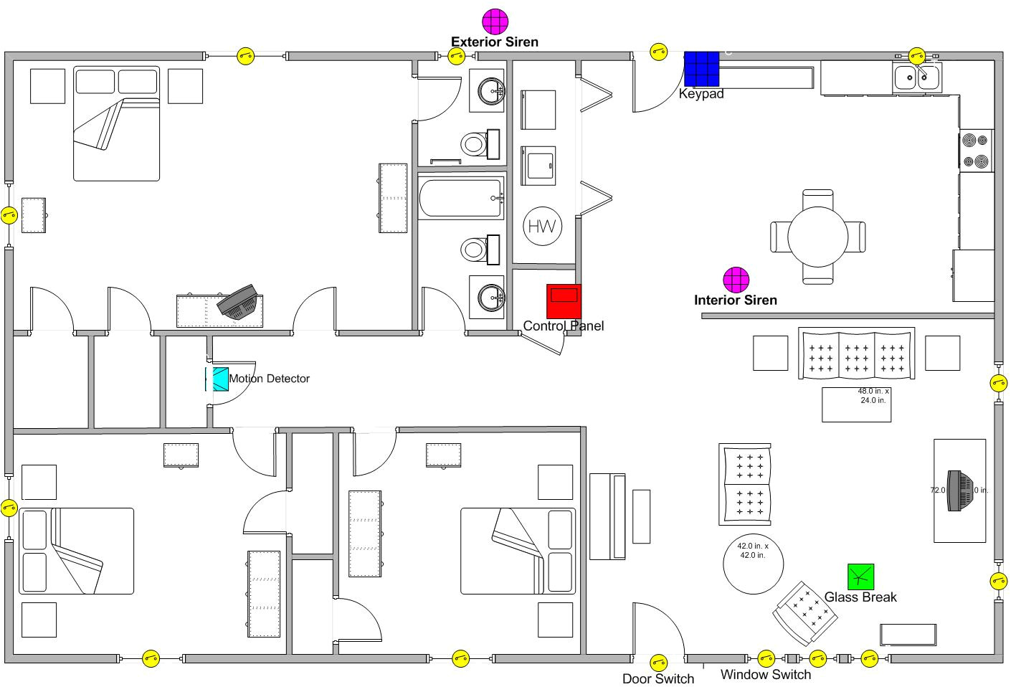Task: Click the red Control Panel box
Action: pyautogui.click(x=564, y=301)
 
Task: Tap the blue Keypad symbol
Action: pyautogui.click(x=701, y=69)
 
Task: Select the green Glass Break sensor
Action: pyautogui.click(x=860, y=577)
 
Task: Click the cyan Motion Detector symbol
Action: pyautogui.click(x=217, y=379)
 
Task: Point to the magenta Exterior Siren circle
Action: pyautogui.click(x=495, y=21)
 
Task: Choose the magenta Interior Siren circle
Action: pyautogui.click(x=736, y=280)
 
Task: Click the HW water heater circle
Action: pyautogui.click(x=543, y=227)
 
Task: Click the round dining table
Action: pyautogui.click(x=817, y=237)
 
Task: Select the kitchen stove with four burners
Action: pyautogui.click(x=977, y=151)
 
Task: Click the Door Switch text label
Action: pyautogui.click(x=657, y=678)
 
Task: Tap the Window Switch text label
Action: pyautogui.click(x=765, y=674)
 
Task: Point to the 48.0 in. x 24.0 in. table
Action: pyautogui.click(x=856, y=404)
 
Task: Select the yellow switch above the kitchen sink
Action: pyautogui.click(x=917, y=56)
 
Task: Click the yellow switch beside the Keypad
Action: pyautogui.click(x=658, y=52)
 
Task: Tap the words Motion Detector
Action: pyautogui.click(x=269, y=379)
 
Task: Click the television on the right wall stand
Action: pyautogui.click(x=957, y=491)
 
